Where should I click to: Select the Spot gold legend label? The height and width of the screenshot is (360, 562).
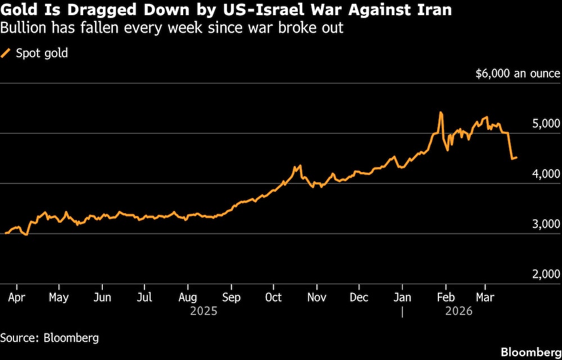point(42,53)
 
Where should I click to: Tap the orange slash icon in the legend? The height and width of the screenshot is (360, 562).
point(6,53)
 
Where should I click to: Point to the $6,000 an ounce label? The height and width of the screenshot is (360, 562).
point(518,74)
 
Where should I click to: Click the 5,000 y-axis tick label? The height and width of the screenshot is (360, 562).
point(546,124)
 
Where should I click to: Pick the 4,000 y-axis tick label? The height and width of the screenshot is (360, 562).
point(546,174)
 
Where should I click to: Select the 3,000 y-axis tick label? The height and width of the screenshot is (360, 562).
point(546,224)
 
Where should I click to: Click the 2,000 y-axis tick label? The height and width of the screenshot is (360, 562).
point(546,274)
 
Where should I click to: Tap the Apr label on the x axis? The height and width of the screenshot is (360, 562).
point(17,297)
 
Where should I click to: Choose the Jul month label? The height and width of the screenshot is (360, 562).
point(145,297)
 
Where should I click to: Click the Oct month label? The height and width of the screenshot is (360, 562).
point(273,297)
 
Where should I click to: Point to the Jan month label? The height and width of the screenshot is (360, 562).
point(402,297)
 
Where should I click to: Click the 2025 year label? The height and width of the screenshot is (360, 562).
point(203,310)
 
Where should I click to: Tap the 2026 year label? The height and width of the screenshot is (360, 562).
point(459,310)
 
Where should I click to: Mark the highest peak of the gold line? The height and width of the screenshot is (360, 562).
point(441,112)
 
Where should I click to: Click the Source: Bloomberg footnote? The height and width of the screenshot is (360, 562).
point(49,337)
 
